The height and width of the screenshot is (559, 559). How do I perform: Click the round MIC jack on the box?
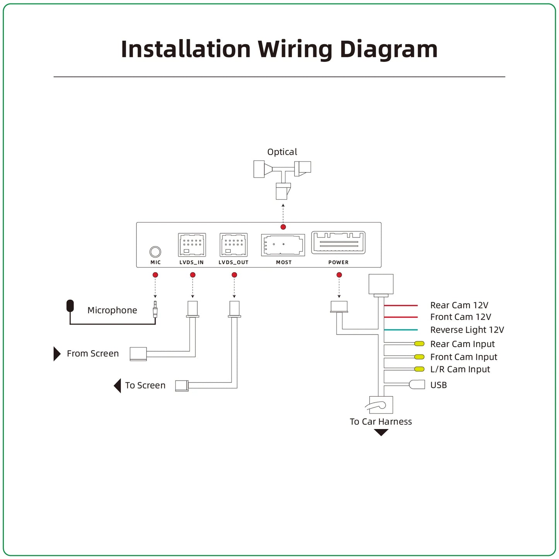(x=155, y=252)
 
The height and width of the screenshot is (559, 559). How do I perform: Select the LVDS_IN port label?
(x=191, y=262)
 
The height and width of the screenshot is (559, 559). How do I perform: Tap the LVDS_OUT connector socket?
(x=234, y=245)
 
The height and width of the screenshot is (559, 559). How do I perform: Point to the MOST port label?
(x=284, y=262)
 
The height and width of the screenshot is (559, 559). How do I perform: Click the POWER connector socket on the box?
(x=338, y=243)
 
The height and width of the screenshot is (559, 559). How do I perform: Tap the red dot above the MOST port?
(x=283, y=227)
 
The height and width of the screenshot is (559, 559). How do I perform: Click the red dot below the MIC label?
(x=155, y=275)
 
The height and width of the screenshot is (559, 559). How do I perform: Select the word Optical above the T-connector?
(x=282, y=152)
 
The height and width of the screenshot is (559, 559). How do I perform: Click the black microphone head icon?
(x=70, y=306)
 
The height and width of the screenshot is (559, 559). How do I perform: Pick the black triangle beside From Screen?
(x=57, y=354)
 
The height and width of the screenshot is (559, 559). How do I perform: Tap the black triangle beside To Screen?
(x=117, y=386)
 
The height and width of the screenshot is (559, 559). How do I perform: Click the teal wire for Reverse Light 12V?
(x=401, y=330)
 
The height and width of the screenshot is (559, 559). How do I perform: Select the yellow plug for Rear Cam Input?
(x=419, y=344)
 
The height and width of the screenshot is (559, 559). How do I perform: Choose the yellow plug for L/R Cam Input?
(x=419, y=369)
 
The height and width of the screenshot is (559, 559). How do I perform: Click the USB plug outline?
(x=417, y=385)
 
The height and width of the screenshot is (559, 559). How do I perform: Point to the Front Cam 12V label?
(x=460, y=317)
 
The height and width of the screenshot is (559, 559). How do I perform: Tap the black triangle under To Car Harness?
(x=381, y=432)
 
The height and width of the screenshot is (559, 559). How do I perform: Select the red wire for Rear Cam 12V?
(x=401, y=306)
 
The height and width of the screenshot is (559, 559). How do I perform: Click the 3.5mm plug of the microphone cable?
(x=155, y=309)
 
